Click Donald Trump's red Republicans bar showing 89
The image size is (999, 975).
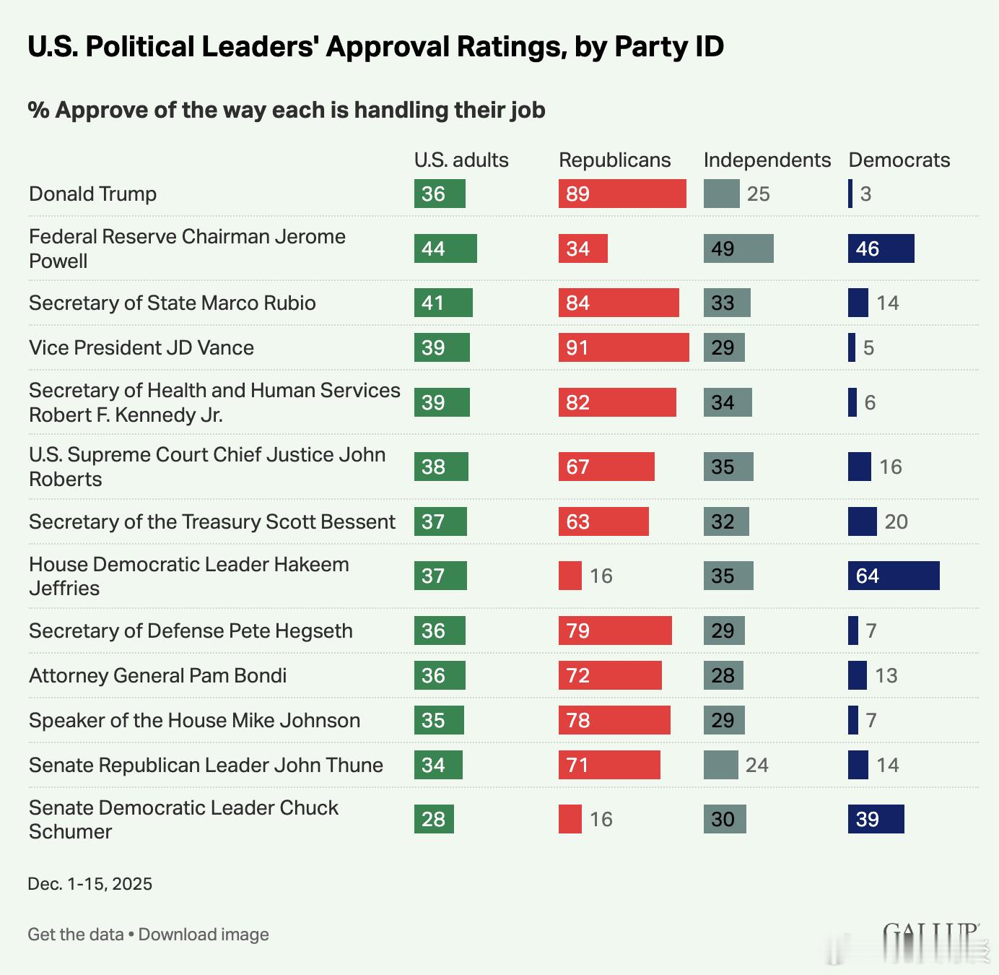(x=622, y=194)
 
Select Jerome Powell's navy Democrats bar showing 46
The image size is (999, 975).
(x=881, y=248)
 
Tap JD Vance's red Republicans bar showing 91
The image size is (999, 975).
(x=624, y=347)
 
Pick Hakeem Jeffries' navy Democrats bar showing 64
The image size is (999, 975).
(x=894, y=576)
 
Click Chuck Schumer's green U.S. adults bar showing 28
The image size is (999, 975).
(x=434, y=819)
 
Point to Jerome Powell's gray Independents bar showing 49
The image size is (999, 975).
(x=738, y=248)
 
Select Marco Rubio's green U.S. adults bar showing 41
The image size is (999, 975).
(x=443, y=303)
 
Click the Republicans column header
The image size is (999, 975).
(x=614, y=160)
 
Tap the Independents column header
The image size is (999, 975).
(x=767, y=160)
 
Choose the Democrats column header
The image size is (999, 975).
(x=899, y=160)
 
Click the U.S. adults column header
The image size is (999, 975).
(x=461, y=160)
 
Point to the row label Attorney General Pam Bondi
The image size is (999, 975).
(x=157, y=675)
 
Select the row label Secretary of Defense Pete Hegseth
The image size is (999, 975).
(x=191, y=630)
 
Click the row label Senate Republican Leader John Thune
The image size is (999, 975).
(x=206, y=765)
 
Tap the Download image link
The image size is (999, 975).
(x=204, y=935)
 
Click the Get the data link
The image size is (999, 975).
(x=76, y=935)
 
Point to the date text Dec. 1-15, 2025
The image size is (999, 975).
(x=90, y=884)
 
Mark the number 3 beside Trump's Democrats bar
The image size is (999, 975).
(x=865, y=194)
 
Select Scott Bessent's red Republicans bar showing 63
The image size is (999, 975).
(x=603, y=521)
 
